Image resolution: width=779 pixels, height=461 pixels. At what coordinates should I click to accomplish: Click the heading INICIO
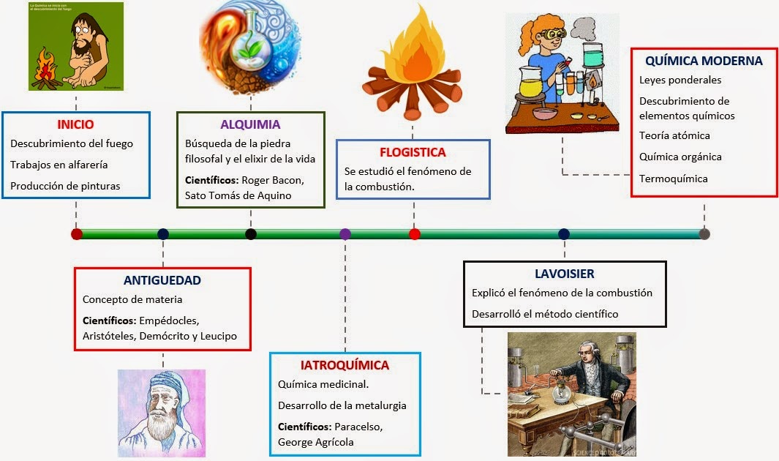tap(76, 124)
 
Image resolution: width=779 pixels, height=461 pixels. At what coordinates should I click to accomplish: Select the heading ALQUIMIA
tap(250, 124)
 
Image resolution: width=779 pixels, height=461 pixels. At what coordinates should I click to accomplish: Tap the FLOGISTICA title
tap(413, 152)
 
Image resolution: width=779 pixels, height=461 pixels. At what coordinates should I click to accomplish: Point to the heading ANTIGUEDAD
tap(162, 280)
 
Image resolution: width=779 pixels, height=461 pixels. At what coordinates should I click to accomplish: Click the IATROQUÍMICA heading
tap(345, 365)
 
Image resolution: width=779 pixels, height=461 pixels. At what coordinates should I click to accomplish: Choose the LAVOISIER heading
tap(565, 274)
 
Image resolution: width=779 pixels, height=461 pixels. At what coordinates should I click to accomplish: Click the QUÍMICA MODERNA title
tap(704, 61)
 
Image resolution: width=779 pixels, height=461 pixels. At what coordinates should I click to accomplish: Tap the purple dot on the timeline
tap(345, 234)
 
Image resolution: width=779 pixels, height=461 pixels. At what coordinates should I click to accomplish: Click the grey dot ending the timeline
tap(704, 234)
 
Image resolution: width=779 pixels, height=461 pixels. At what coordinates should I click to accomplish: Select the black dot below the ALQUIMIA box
tap(251, 234)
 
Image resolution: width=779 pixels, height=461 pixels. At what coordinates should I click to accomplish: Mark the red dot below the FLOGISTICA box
tap(415, 234)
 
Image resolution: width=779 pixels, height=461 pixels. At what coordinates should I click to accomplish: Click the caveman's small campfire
tap(46, 70)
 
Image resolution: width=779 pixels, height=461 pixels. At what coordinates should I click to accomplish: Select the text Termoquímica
tap(673, 179)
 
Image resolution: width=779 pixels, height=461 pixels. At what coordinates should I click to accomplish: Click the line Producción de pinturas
tap(65, 186)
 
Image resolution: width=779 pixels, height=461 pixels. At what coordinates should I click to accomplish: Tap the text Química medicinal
tap(323, 384)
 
